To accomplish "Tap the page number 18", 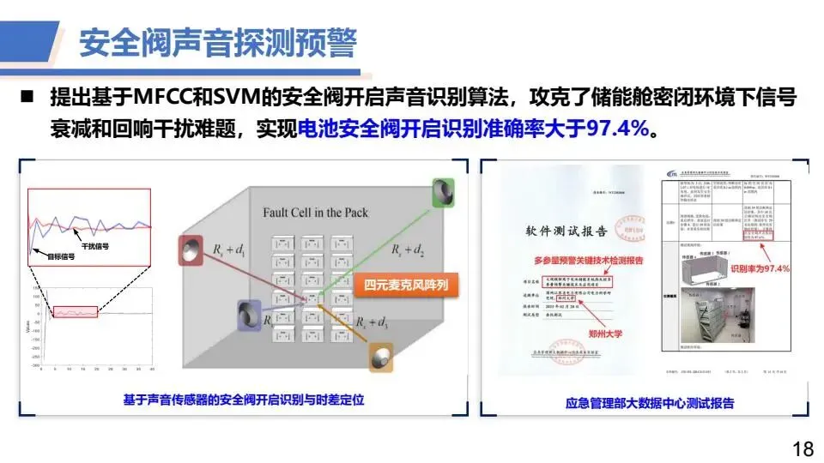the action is click(x=803, y=448).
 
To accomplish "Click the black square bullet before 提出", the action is click(x=27, y=97).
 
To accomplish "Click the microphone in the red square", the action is click(x=191, y=250).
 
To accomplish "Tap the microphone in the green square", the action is click(x=445, y=190).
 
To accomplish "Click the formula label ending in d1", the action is click(x=229, y=250).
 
